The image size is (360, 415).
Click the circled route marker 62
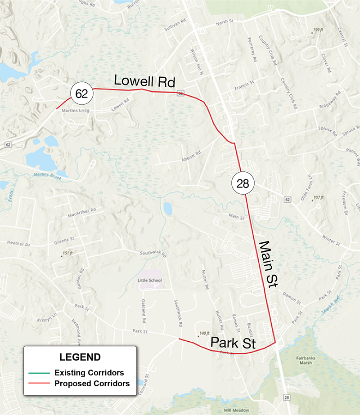tap(81, 94)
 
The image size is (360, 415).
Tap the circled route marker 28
tap(243, 183)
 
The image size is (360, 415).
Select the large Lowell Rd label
tap(144, 80)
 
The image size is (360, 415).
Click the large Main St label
tap(269, 264)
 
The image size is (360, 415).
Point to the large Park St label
tap(233, 343)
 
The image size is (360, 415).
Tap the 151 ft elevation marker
tap(67, 254)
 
